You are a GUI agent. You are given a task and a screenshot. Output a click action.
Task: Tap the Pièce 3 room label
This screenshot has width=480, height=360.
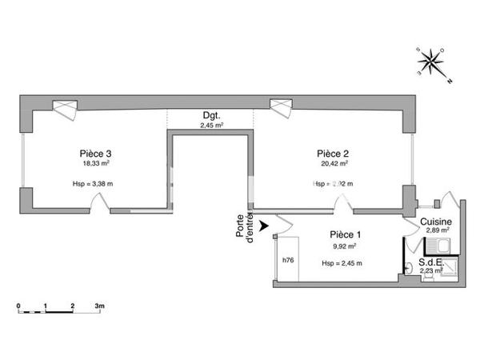tap(95, 153)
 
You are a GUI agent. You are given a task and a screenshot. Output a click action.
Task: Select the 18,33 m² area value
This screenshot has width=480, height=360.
tap(95, 164)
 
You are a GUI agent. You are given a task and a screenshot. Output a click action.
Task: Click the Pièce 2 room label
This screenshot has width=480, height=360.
tap(332, 153)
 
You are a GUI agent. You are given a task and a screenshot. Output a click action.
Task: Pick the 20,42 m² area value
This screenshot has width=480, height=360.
tap(332, 164)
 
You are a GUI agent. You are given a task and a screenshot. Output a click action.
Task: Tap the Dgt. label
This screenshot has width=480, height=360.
tap(211, 116)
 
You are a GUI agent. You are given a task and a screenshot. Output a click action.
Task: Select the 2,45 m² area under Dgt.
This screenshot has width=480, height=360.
tap(211, 126)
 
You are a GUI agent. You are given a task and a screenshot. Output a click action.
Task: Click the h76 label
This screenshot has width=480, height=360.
tap(286, 260)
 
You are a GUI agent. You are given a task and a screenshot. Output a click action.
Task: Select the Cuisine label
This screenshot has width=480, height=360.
tap(436, 222)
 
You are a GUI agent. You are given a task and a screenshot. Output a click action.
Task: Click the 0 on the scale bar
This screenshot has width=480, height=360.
tap(18, 306)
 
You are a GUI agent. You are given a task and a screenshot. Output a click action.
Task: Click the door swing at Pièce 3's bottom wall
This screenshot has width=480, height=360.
tap(99, 204)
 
